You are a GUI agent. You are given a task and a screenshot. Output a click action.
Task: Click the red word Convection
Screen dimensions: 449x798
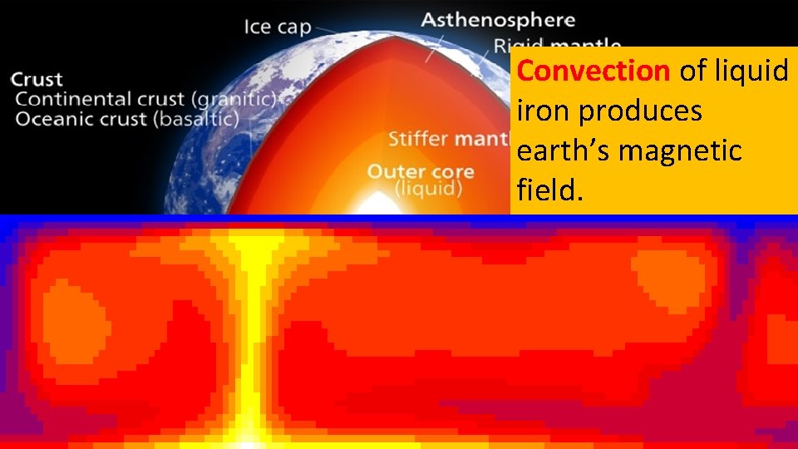(x=593, y=72)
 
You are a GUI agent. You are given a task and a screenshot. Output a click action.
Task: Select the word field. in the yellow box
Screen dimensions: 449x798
(x=551, y=191)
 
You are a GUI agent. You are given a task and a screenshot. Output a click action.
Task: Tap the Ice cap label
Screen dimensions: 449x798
(x=277, y=27)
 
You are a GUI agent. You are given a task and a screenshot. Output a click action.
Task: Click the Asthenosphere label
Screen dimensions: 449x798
(x=497, y=19)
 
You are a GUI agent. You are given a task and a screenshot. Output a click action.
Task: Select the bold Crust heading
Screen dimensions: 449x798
(x=37, y=80)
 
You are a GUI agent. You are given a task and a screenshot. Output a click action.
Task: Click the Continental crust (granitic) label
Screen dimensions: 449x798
(x=145, y=99)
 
